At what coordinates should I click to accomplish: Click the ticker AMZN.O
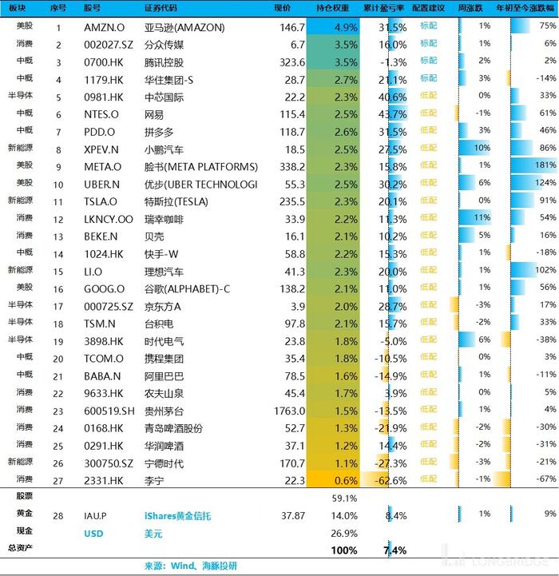[105, 27]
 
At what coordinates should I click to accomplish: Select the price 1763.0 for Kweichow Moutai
[289, 411]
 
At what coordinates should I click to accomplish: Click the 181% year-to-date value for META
[545, 165]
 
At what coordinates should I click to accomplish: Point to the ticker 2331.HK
[104, 480]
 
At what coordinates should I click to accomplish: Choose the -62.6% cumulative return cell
[391, 480]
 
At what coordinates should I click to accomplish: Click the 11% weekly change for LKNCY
[482, 217]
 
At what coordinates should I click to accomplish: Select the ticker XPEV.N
[101, 149]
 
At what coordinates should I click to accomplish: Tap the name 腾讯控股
[164, 62]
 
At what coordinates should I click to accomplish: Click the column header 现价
[282, 8]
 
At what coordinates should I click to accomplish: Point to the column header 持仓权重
[332, 8]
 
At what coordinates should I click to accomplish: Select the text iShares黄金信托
[177, 516]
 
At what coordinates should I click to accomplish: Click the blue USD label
[93, 534]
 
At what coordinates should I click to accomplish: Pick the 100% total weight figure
[344, 550]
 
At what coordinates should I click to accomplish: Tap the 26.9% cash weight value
[344, 533]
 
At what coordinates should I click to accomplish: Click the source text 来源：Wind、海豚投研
[191, 566]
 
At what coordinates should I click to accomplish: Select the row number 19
[58, 342]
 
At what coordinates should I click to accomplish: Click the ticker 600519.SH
[109, 411]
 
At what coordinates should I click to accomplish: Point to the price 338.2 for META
[292, 167]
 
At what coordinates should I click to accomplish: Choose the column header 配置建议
[428, 8]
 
